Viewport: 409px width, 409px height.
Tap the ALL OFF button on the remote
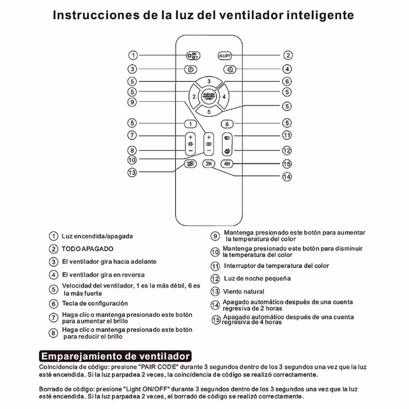tap(226, 56)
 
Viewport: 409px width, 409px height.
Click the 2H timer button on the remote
tap(208, 164)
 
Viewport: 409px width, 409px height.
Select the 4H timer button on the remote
tap(227, 164)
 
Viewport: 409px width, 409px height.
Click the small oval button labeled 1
tap(190, 123)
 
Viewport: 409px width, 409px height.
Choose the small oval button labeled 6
tap(227, 123)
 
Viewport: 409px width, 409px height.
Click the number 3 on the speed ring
tap(208, 82)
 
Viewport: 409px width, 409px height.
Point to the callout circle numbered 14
tap(287, 176)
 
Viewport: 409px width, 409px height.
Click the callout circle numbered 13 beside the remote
tap(132, 173)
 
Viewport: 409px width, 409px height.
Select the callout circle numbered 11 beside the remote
tap(287, 135)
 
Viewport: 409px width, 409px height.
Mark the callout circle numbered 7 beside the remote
tap(132, 135)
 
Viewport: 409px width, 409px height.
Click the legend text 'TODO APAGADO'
tap(88, 249)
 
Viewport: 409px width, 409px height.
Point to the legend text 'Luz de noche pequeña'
tap(257, 279)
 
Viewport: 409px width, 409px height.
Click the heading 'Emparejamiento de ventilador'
tap(116, 355)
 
